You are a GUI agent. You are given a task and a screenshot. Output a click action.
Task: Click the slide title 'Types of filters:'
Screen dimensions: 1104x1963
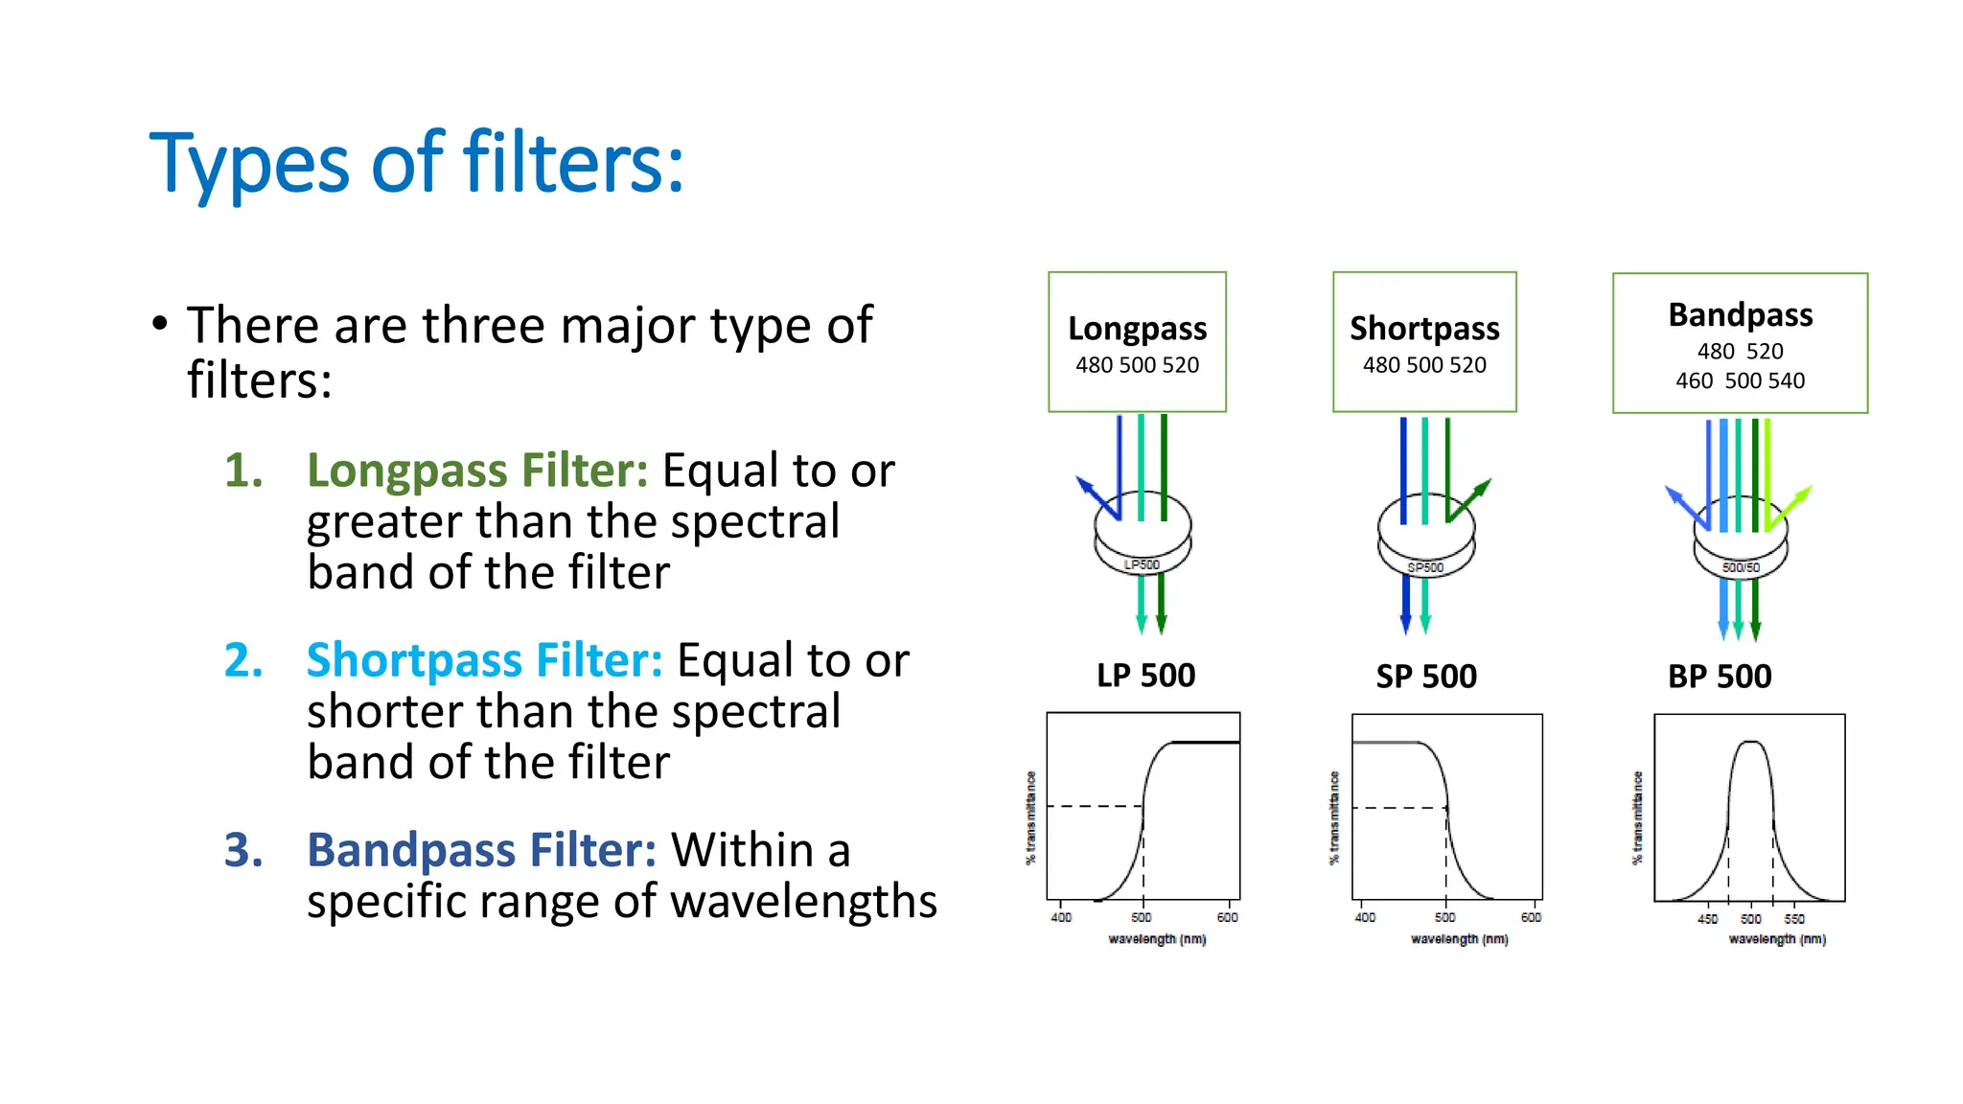[417, 163]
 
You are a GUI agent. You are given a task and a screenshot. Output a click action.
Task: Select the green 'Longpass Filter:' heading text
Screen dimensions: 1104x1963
[476, 471]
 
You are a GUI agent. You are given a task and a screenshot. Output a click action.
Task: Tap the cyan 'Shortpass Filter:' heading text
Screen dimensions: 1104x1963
[484, 660]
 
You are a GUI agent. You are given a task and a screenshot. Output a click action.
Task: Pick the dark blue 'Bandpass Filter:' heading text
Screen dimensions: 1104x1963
[481, 850]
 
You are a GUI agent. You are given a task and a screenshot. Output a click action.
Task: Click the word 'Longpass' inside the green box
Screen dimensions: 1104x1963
[1137, 329]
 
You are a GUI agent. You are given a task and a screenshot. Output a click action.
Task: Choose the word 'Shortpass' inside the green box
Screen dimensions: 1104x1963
[1424, 329]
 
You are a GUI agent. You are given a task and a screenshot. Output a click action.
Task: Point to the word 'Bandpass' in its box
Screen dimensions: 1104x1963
[1740, 314]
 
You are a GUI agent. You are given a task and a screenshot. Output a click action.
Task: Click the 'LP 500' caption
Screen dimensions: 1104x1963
[1145, 676]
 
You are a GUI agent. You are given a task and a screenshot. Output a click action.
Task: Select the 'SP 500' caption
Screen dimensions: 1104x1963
[1426, 677]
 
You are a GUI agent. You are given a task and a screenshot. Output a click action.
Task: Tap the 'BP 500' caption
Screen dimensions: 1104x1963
[1720, 677]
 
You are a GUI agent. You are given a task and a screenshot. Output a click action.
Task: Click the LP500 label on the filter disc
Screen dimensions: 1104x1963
[1142, 564]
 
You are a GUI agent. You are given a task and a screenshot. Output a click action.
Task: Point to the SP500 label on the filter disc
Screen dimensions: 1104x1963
[1425, 567]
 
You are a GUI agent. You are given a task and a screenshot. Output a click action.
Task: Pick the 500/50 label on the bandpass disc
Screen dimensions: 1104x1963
[1741, 567]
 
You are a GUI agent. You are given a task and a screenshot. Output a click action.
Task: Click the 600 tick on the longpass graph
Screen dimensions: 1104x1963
[1227, 917]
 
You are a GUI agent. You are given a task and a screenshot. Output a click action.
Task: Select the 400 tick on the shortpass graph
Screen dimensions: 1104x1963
[1365, 917]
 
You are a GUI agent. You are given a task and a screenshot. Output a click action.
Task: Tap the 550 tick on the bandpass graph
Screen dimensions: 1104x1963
[1794, 918]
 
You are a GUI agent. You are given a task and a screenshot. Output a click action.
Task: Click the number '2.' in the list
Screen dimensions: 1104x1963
[243, 660]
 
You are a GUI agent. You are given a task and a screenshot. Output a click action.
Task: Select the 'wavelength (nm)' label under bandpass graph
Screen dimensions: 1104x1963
[1777, 939]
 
